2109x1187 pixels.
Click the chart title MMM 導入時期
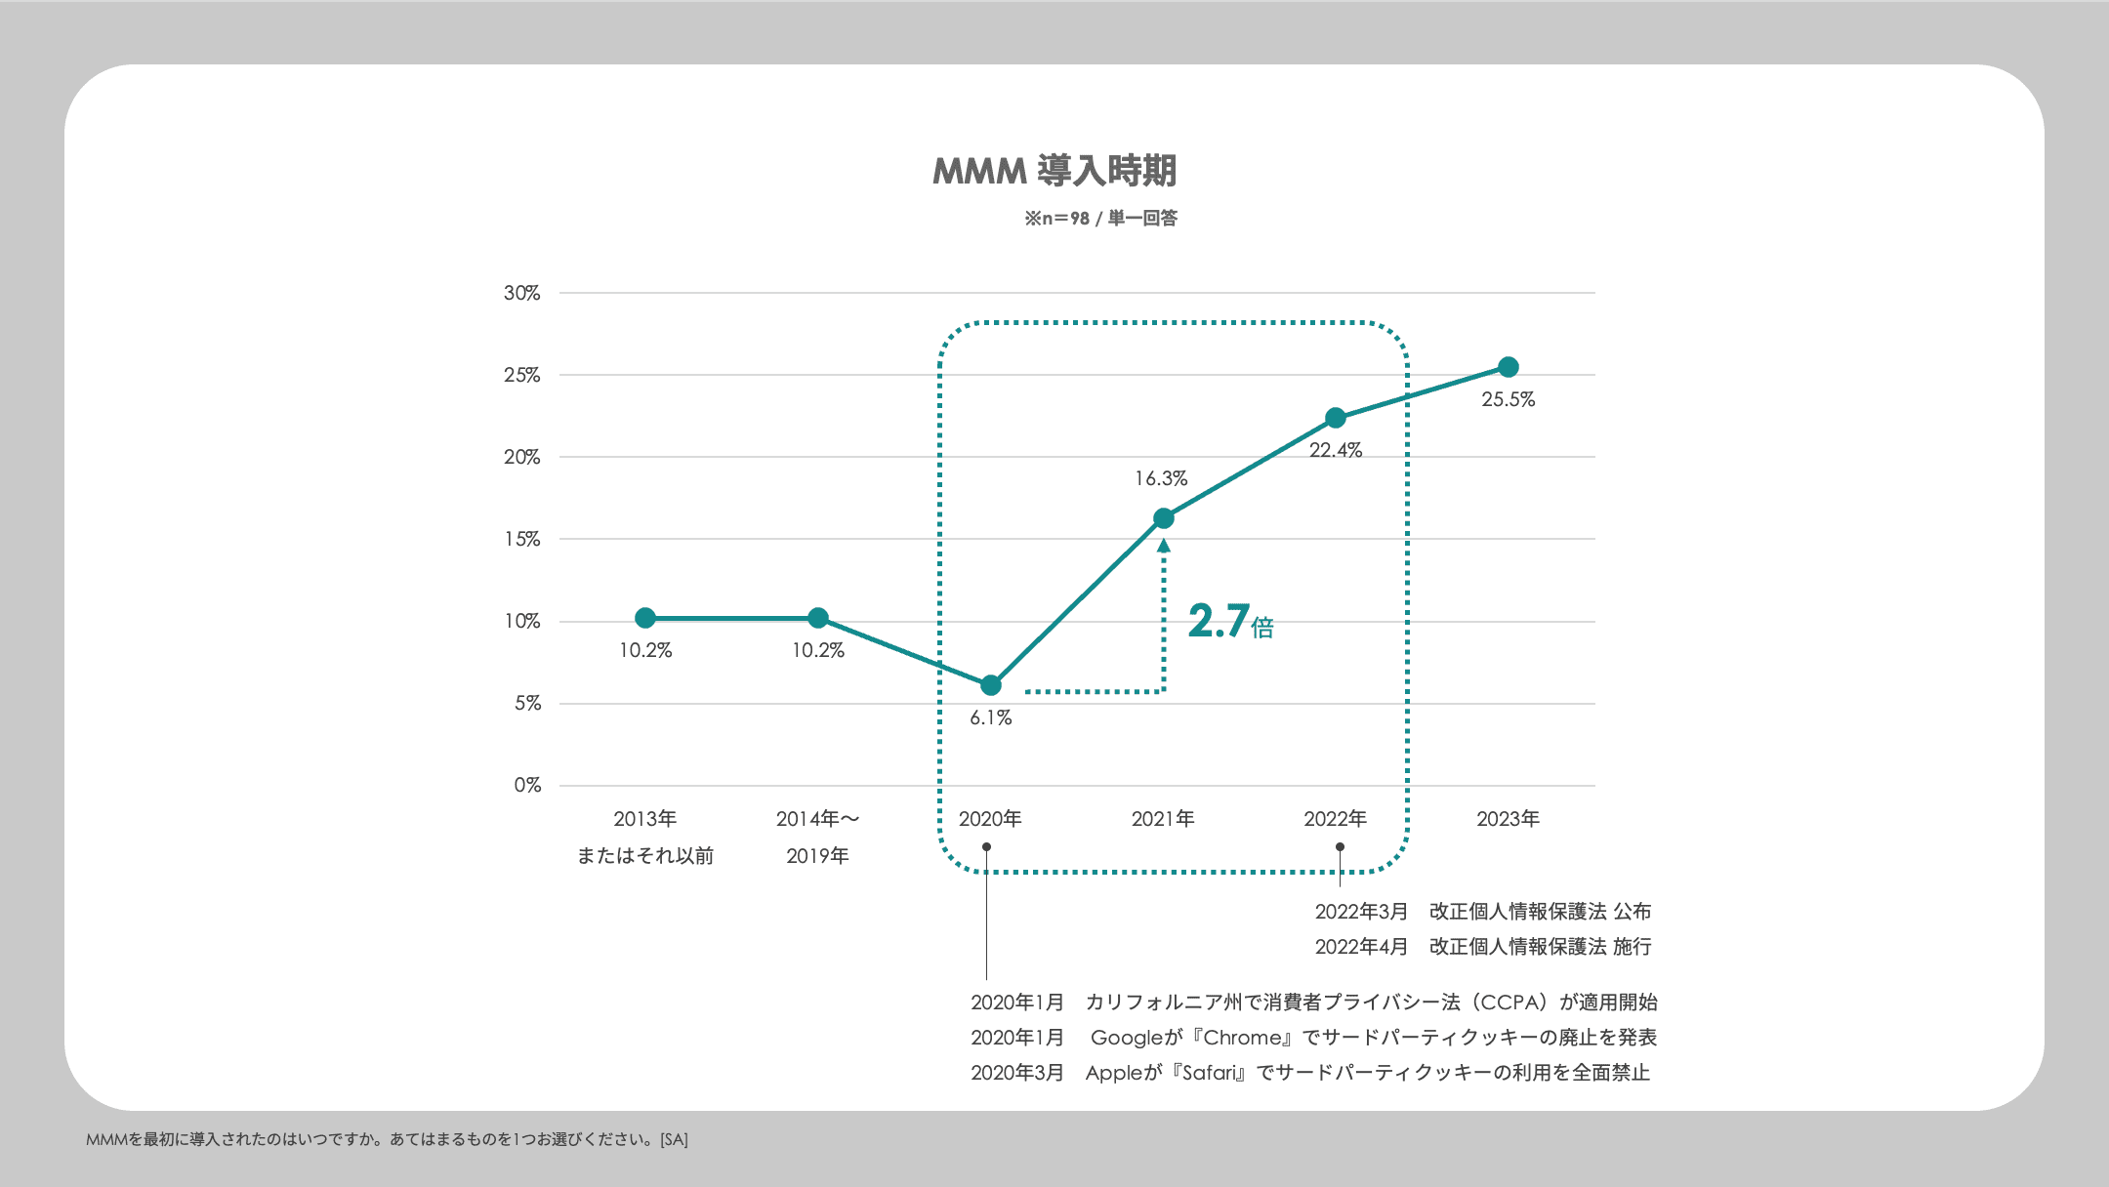coord(1054,171)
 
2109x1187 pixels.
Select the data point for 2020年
coord(991,685)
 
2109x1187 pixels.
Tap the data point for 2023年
coord(1509,367)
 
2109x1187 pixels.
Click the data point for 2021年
coord(1163,518)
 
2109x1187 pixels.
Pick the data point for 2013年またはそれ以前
coord(645,618)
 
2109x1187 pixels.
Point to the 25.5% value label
coord(1509,399)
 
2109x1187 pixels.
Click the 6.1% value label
coord(991,717)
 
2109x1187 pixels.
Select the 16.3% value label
coord(1161,478)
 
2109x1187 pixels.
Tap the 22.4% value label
coord(1336,450)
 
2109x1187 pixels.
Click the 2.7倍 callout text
coord(1230,622)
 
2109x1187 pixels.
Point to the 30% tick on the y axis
coord(521,293)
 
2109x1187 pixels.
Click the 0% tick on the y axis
coord(527,785)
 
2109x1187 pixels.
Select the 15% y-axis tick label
coord(521,539)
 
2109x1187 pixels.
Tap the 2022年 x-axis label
coord(1336,819)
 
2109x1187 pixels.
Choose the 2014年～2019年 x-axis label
coord(817,837)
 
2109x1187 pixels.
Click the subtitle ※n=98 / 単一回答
coord(1100,219)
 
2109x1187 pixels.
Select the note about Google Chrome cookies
coord(1313,1038)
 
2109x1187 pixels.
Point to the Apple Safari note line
coord(1309,1073)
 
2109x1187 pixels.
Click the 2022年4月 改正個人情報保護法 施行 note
coord(1482,947)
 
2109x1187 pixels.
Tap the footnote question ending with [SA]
coord(387,1139)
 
